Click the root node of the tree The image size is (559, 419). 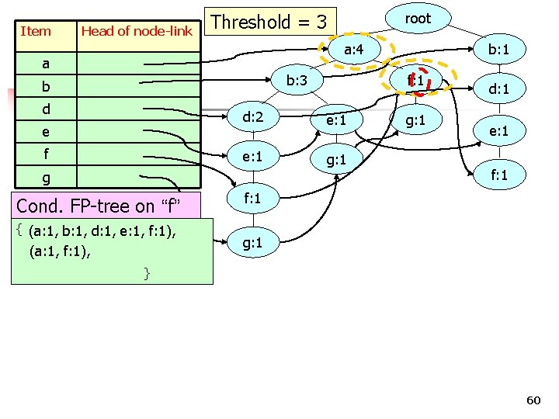[418, 19]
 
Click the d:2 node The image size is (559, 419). [253, 117]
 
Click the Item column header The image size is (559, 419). [36, 31]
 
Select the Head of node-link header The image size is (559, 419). [136, 31]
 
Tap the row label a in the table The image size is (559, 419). [46, 63]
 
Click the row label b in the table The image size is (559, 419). [46, 85]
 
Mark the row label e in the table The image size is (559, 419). [46, 132]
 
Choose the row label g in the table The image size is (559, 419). [46, 178]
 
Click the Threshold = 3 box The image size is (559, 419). [269, 22]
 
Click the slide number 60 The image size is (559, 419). [533, 400]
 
